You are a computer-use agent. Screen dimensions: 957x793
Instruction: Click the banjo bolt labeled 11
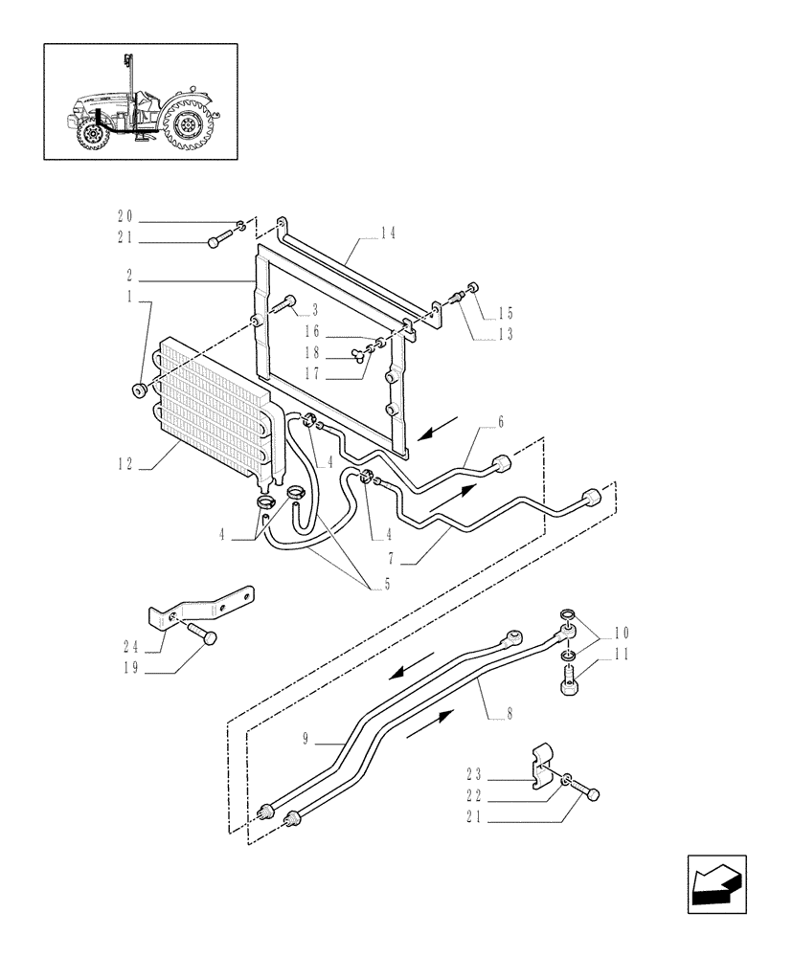point(567,685)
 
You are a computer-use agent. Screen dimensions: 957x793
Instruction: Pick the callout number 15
point(506,313)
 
